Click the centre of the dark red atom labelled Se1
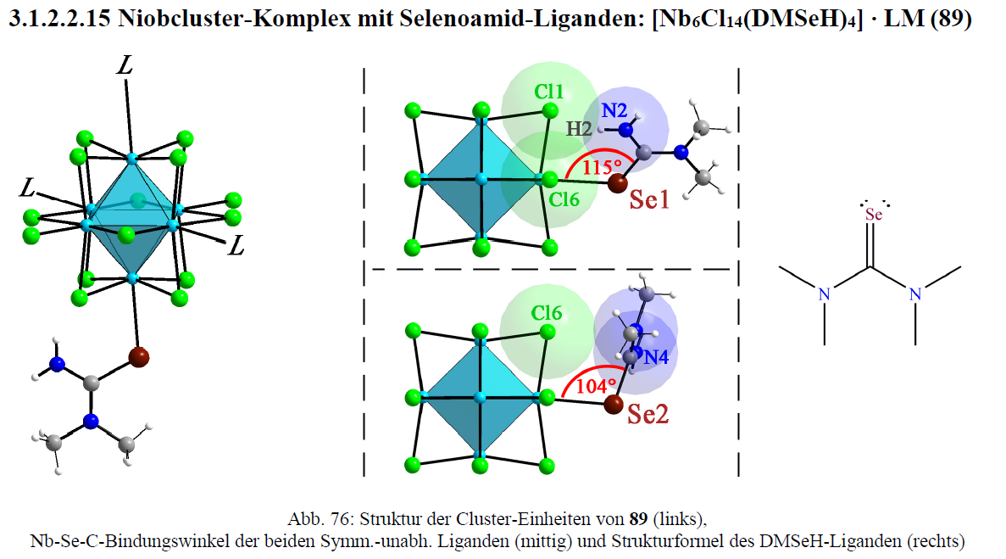(617, 183)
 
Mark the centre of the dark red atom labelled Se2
(614, 404)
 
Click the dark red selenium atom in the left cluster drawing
(139, 357)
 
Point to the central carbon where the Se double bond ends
(870, 267)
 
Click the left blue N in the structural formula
(825, 294)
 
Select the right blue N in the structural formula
(915, 294)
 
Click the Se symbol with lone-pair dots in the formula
(874, 213)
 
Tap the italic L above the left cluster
(125, 64)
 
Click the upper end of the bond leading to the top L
(125, 79)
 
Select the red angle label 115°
(601, 167)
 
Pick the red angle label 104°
(596, 386)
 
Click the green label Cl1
(549, 92)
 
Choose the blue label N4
(656, 357)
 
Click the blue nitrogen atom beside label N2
(625, 130)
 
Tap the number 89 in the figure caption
(638, 518)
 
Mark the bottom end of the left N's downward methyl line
(825, 345)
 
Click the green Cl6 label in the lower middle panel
(546, 313)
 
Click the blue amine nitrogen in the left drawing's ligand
(57, 364)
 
